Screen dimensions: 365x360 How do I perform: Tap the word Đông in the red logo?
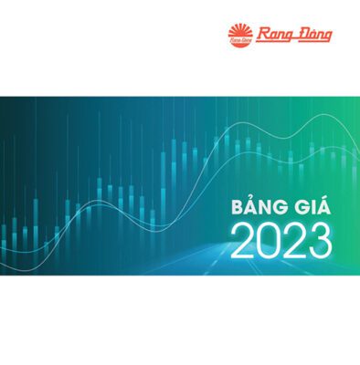coord(312,36)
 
